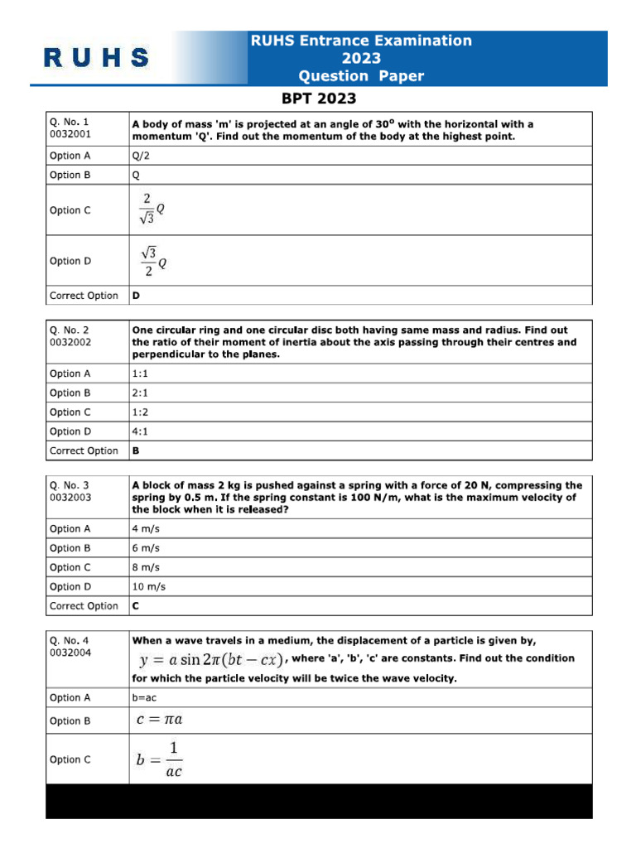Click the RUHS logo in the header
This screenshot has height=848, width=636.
point(96,58)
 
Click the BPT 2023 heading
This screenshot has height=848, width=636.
point(319,99)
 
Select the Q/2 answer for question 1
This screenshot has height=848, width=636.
point(142,156)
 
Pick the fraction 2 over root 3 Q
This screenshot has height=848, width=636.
point(153,210)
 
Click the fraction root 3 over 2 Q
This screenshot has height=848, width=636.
point(153,261)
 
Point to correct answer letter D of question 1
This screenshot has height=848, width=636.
point(136,296)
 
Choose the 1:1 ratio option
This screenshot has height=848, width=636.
point(141,373)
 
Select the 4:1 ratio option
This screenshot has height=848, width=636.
point(141,431)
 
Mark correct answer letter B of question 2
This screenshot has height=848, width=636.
point(136,451)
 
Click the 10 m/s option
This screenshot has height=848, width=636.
point(149,586)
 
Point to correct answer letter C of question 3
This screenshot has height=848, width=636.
point(136,606)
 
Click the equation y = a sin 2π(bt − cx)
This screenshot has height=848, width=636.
point(211,659)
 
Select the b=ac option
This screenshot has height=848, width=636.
point(144,698)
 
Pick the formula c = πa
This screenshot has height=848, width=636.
point(159,720)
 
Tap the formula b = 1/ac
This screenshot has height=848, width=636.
point(159,759)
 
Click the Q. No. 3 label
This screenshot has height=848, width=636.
point(69,485)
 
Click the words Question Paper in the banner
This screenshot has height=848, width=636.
point(361,76)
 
